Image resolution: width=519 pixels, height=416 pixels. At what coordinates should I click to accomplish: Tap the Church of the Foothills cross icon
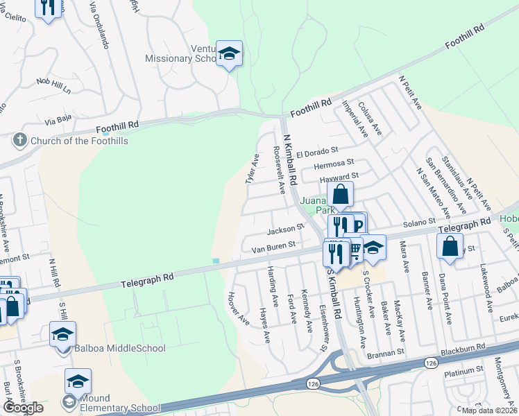coord(19,141)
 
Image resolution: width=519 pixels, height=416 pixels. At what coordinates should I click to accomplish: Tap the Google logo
coord(23,408)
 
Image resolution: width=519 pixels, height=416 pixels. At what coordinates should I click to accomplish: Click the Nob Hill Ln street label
coord(54,86)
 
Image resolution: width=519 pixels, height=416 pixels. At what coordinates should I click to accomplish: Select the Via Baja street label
coord(59,119)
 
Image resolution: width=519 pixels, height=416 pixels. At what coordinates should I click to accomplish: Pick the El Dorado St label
coord(316,150)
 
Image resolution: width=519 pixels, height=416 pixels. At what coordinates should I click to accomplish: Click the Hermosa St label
coord(334,164)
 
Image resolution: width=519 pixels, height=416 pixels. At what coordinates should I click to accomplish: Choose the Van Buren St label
coord(273,245)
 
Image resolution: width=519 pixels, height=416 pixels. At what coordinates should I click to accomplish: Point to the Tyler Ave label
coord(252,169)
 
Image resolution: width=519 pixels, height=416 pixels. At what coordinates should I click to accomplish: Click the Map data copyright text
coord(489,410)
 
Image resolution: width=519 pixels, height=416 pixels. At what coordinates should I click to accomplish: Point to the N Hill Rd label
coord(52,274)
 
